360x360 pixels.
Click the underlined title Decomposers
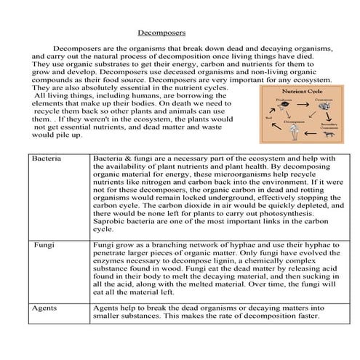[161, 33]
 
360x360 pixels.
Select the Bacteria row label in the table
[47, 158]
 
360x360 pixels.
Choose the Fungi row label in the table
[45, 245]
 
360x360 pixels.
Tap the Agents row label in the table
[45, 308]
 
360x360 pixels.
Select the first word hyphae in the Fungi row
[223, 246]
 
